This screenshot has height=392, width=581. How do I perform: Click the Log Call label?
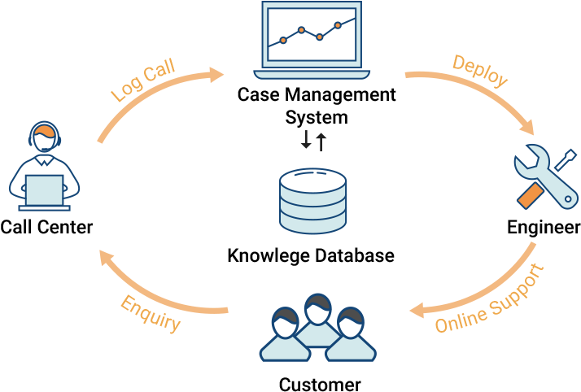[x=143, y=81]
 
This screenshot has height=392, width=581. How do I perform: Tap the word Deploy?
[x=480, y=72]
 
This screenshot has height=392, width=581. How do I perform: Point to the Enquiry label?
[x=151, y=313]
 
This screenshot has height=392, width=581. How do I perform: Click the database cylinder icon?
[x=312, y=201]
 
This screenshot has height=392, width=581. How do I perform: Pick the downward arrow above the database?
[x=306, y=141]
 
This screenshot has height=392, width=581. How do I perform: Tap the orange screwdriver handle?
[x=530, y=195]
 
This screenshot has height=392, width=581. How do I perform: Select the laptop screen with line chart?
[x=312, y=34]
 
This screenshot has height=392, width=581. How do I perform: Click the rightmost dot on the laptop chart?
[x=338, y=25]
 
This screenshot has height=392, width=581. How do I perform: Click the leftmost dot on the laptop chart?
[x=283, y=40]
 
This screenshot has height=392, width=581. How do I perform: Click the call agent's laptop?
[x=45, y=192]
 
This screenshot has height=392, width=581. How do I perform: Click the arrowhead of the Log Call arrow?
[x=216, y=75]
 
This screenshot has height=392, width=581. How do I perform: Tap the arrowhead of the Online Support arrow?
[x=417, y=310]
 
